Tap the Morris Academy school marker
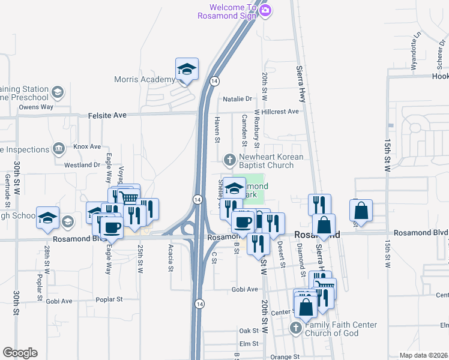(187, 69)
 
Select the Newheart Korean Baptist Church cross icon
(229, 160)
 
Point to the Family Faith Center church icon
(295, 328)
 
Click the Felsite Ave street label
(108, 114)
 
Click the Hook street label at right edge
(440, 77)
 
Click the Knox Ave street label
(87, 146)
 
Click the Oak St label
(248, 331)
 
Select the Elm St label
(248, 344)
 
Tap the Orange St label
(285, 356)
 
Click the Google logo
(20, 353)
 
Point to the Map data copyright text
(424, 355)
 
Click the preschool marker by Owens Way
(58, 92)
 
